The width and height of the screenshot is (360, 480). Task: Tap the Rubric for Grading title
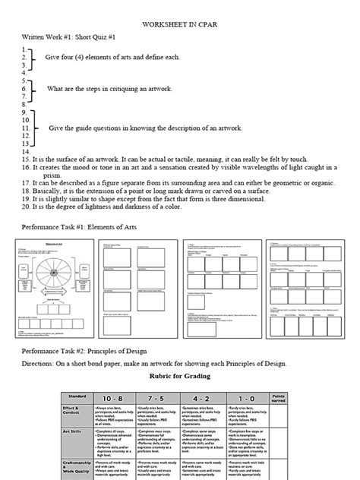(x=180, y=377)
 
